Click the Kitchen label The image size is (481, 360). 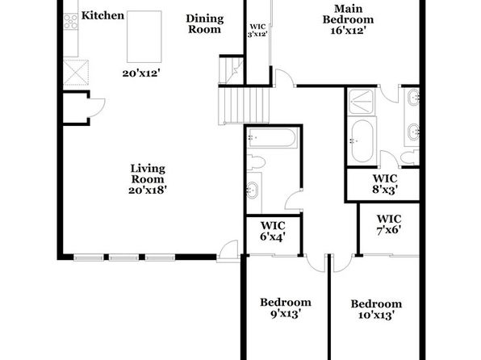(x=102, y=15)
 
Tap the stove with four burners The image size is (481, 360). (x=70, y=22)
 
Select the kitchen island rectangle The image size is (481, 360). (x=144, y=36)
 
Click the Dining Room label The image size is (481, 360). (x=205, y=23)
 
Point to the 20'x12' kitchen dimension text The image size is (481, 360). (x=141, y=73)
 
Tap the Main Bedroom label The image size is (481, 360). (x=348, y=19)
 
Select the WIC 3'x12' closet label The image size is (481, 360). (x=257, y=31)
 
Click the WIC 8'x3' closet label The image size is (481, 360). (x=385, y=184)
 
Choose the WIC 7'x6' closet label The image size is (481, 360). (x=389, y=224)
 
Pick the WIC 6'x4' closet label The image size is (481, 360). (x=273, y=231)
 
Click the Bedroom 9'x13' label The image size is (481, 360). (x=286, y=308)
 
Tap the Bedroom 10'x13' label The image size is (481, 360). (x=376, y=309)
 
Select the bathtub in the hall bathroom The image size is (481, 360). (x=273, y=138)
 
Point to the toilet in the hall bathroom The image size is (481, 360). (x=256, y=161)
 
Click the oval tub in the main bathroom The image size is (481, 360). (x=362, y=141)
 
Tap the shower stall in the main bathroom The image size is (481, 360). (x=362, y=101)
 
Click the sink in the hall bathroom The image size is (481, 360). (x=253, y=190)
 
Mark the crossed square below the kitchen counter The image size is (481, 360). (x=76, y=73)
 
